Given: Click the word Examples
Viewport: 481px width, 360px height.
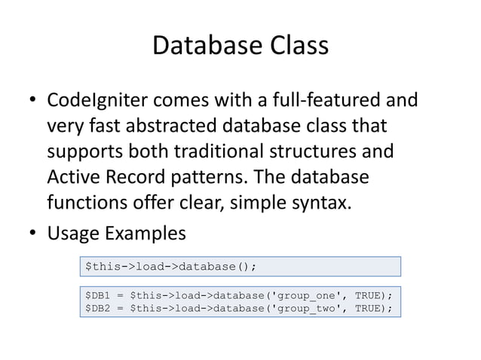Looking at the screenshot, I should click(145, 233).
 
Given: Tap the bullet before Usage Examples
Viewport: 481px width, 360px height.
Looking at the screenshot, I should click(33, 233).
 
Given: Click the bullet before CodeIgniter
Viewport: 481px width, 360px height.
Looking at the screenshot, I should click(33, 100).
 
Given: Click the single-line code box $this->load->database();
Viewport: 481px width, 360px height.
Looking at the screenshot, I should click(240, 266).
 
